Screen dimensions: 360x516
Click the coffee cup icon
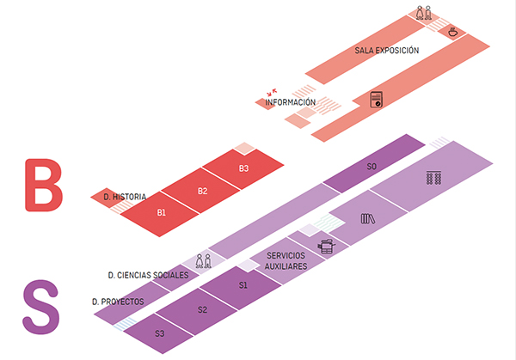pos(452,31)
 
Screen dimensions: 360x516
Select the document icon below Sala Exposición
pos(375,99)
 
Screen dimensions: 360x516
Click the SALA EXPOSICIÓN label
pos(386,51)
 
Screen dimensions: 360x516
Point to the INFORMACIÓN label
pos(291,103)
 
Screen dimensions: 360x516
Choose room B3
pos(243,168)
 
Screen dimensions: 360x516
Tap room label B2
pos(203,190)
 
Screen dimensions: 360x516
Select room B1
pos(161,211)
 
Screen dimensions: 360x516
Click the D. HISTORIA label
pos(124,197)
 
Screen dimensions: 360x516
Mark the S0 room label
pos(372,166)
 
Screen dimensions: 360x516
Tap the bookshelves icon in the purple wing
pos(433,178)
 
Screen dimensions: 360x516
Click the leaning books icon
pos(368,218)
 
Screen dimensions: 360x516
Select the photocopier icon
pos(326,247)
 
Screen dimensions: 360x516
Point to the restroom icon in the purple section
pos(204,261)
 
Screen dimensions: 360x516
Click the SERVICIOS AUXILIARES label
pos(286,261)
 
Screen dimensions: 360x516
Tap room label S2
pos(202,309)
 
